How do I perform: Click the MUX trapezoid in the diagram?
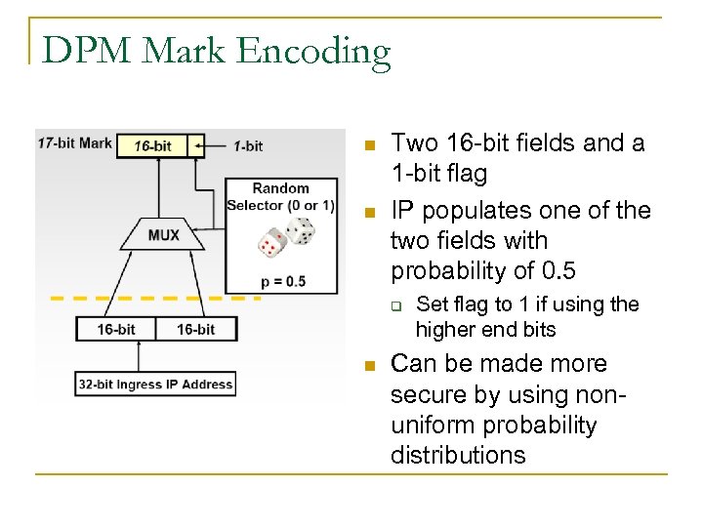163,235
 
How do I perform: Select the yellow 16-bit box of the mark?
152,146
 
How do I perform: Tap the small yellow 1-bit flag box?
197,146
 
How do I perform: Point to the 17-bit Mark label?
74,142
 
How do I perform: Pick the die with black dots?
300,230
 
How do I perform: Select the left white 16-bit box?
116,329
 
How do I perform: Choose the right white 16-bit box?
195,329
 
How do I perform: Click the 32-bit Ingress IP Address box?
155,384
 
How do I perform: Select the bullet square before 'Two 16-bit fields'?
368,146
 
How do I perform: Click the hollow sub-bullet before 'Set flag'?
397,305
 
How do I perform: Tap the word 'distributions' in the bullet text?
458,455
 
